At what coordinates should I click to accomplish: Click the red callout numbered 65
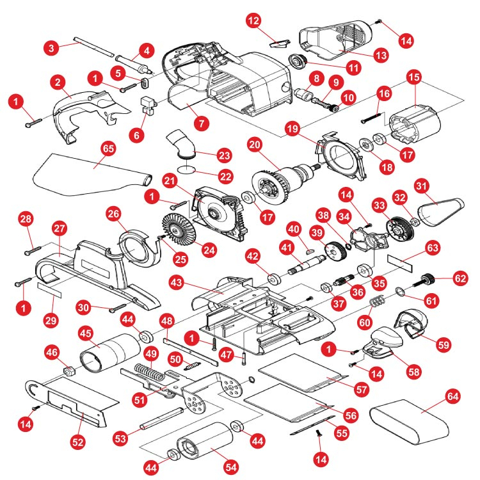106,148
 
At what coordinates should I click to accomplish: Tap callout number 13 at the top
381,56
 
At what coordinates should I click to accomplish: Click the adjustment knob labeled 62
426,280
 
